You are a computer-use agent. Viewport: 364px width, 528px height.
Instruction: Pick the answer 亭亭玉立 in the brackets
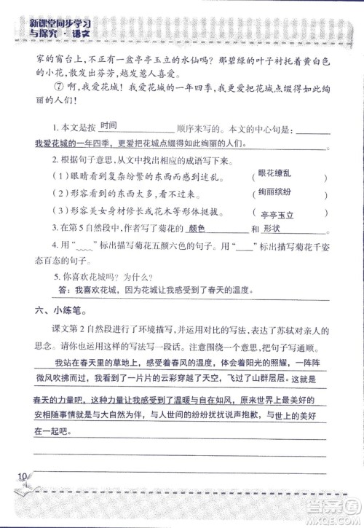click(x=277, y=216)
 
